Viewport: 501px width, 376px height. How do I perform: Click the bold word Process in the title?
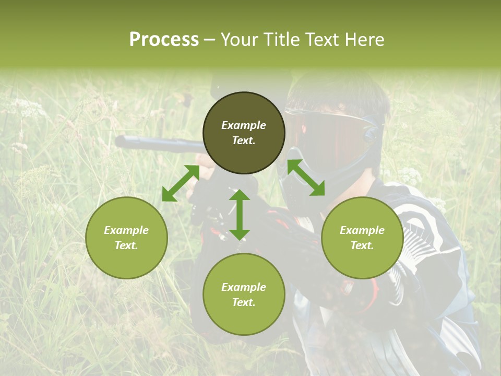tap(164, 39)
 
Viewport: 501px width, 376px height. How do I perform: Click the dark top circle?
tap(244, 133)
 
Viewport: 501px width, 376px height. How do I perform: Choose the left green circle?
tap(126, 238)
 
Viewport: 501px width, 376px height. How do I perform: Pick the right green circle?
tap(362, 238)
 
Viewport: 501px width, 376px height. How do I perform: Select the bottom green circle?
tap(244, 294)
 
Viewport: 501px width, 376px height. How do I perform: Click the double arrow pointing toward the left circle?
tap(181, 183)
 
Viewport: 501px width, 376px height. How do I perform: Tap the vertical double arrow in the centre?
tap(240, 215)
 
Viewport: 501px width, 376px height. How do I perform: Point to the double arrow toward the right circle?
tap(306, 178)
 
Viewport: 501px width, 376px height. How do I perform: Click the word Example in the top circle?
tap(244, 125)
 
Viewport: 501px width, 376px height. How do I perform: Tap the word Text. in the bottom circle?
tap(244, 302)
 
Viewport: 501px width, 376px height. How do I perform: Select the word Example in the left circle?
tap(126, 230)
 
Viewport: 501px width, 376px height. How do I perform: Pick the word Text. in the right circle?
tap(362, 245)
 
